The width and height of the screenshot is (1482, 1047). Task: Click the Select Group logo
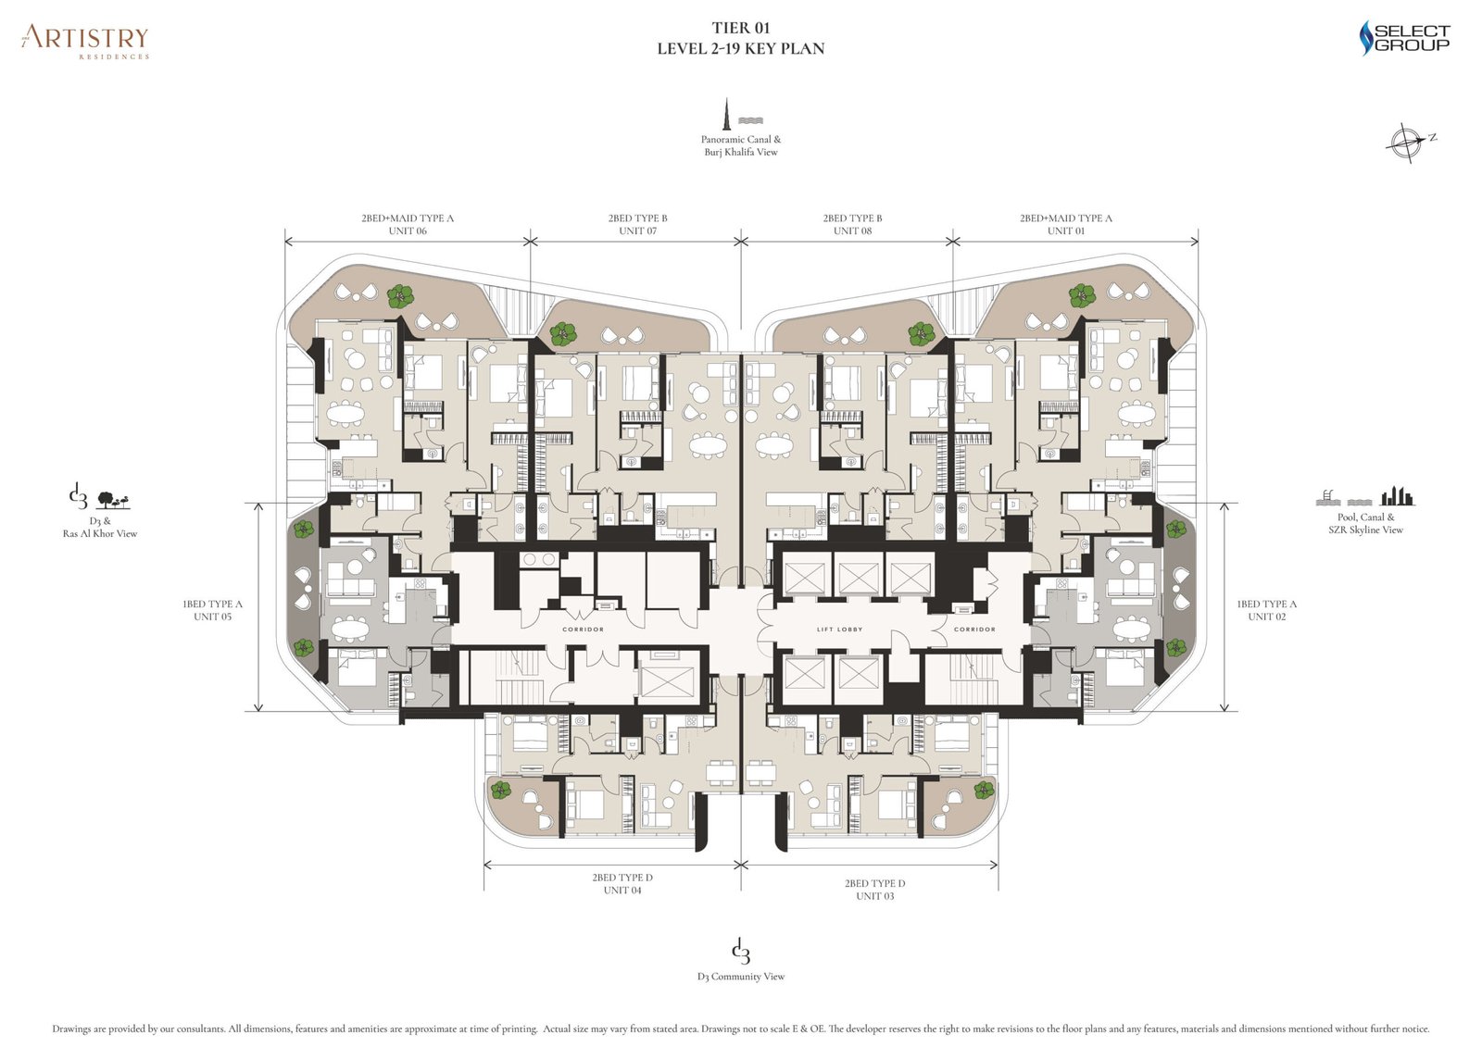point(1404,38)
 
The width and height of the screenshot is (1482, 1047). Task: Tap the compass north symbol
point(1406,142)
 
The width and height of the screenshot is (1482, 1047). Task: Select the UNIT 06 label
point(408,231)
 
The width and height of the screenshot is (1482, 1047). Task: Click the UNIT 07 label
point(637,231)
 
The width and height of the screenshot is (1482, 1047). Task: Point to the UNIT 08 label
point(852,231)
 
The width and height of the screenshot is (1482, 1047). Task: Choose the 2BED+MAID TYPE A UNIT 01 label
point(1065,224)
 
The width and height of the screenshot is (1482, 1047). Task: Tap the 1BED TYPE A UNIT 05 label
point(212,610)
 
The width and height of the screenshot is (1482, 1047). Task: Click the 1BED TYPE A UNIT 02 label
point(1266,610)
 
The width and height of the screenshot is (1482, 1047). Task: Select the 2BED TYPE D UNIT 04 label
point(622,883)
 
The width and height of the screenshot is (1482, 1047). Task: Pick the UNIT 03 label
point(874,895)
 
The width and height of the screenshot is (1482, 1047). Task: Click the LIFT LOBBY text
point(839,629)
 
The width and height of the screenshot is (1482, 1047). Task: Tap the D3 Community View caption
point(741,976)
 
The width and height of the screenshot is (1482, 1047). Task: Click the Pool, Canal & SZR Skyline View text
point(1365,523)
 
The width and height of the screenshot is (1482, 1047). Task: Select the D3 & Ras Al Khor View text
point(100,527)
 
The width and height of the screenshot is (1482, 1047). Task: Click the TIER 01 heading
point(741,28)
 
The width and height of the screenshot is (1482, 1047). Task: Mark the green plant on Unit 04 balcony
point(501,790)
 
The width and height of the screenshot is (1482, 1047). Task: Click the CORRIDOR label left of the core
point(583,629)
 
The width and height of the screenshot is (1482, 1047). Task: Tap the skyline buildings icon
point(1398,496)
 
